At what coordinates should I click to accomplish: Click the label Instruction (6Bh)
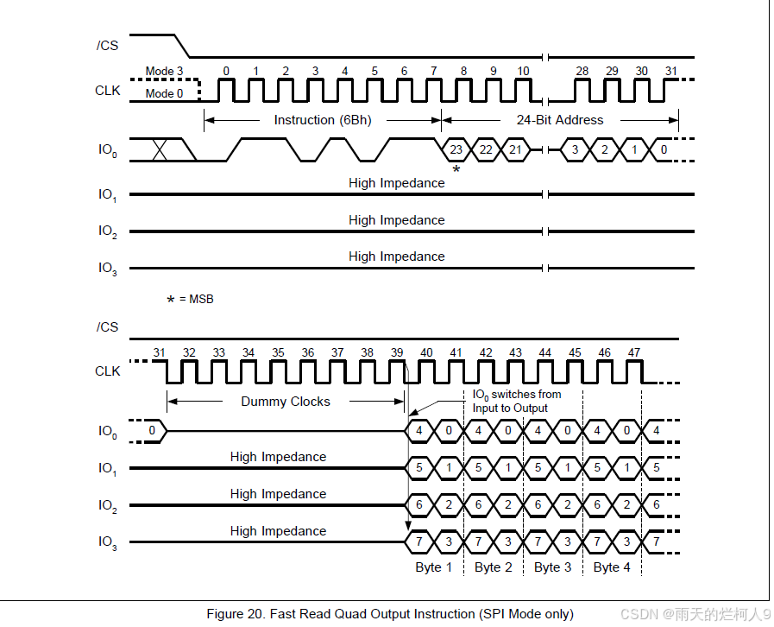[322, 120]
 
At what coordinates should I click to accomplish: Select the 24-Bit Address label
[559, 120]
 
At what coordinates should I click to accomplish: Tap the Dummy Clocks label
[286, 401]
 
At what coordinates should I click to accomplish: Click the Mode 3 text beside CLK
[164, 71]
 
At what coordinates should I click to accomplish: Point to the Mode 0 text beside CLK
[164, 93]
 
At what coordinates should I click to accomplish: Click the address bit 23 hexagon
[456, 149]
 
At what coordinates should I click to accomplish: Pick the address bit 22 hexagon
[486, 149]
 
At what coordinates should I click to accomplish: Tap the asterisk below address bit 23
[456, 170]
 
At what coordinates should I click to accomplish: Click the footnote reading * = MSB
[190, 299]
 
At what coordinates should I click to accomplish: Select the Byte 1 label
[434, 567]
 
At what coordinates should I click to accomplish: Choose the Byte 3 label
[552, 567]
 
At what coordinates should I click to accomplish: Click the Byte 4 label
[612, 567]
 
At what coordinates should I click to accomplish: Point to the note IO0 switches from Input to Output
[516, 401]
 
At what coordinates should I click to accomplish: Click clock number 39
[397, 352]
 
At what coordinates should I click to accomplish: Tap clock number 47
[633, 352]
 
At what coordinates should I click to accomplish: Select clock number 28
[582, 71]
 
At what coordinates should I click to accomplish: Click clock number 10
[523, 71]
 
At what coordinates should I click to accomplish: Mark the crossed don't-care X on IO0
[160, 149]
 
